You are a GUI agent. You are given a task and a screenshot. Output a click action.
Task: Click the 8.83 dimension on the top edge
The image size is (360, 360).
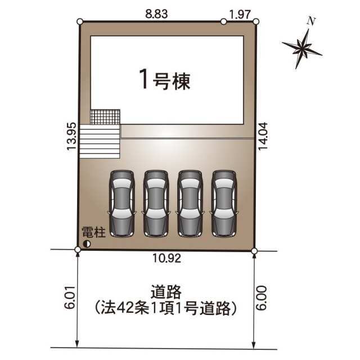pos(156,14)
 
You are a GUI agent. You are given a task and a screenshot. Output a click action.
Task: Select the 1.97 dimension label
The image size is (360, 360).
pos(240,15)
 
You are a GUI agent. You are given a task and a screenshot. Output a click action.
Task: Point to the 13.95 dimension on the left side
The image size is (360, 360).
pos(71,136)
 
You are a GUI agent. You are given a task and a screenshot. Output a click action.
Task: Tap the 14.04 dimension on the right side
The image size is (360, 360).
pos(263,136)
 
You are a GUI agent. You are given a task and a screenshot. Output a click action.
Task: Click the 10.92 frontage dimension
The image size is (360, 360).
pos(167,259)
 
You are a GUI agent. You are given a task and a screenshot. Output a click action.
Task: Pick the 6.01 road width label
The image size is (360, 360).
pos(70,298)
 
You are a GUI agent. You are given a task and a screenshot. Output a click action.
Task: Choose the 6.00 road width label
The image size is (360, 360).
pos(262,298)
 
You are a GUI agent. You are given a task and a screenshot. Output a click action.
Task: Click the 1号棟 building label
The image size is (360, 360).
pos(165,79)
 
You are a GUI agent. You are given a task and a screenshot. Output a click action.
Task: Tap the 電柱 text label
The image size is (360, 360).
pos(94,232)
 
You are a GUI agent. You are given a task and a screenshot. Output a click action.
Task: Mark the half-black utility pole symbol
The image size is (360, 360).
pos(87,244)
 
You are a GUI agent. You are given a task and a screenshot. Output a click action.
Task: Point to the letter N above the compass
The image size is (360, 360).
pos(311,21)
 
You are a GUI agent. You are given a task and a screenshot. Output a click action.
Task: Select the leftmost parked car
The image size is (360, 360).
pos(121,204)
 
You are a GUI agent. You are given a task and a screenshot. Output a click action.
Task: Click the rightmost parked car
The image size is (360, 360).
pos(224,204)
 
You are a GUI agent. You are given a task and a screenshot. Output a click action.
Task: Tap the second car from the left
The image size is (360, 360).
pos(156,204)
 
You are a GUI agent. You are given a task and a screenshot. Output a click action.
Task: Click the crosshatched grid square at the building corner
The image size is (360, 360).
pos(105,117)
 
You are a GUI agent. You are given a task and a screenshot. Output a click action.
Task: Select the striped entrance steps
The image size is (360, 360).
pos(100,141)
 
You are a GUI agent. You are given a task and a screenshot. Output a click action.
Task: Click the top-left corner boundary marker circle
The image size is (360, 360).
pos(80,21)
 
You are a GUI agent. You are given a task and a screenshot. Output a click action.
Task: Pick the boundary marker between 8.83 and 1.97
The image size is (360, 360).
pos(223,21)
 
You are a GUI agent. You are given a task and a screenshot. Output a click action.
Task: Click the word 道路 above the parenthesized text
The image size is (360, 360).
pos(166,292)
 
